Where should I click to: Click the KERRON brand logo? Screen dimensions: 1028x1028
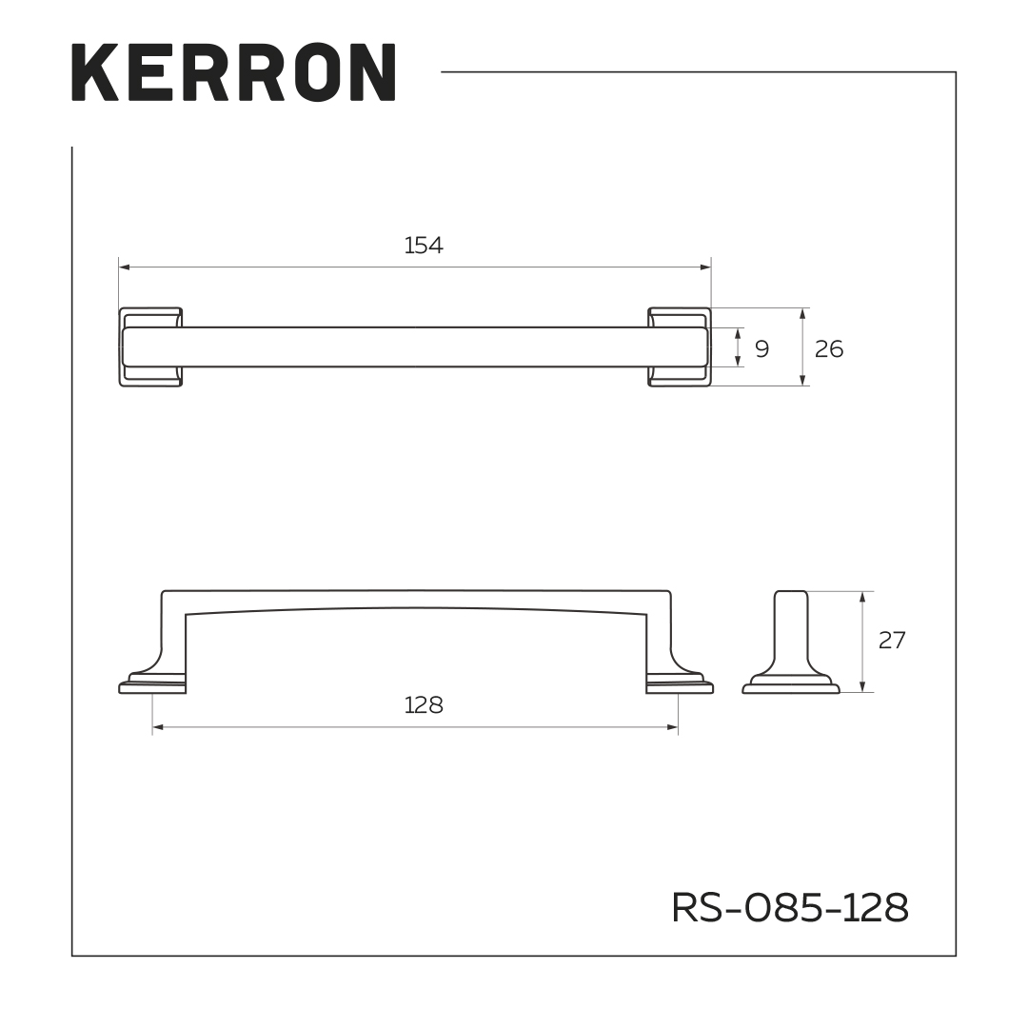point(233,72)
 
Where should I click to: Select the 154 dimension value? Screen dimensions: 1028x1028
point(424,246)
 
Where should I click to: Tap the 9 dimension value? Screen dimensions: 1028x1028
point(761,348)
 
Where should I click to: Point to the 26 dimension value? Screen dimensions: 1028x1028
point(829,348)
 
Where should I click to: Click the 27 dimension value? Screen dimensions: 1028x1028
point(892,641)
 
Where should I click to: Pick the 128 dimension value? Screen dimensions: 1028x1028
point(424,705)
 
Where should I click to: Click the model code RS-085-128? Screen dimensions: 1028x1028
point(790,908)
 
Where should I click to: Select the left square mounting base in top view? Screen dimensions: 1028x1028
point(150,346)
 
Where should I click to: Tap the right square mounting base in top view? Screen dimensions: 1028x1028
point(680,346)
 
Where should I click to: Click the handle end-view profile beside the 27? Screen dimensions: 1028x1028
point(791,647)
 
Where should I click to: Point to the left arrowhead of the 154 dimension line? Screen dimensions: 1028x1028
point(124,267)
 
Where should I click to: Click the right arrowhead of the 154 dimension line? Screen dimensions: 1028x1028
point(706,267)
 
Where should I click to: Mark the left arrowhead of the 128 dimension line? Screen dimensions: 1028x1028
point(157,728)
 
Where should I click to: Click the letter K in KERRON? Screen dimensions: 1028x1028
point(95,72)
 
